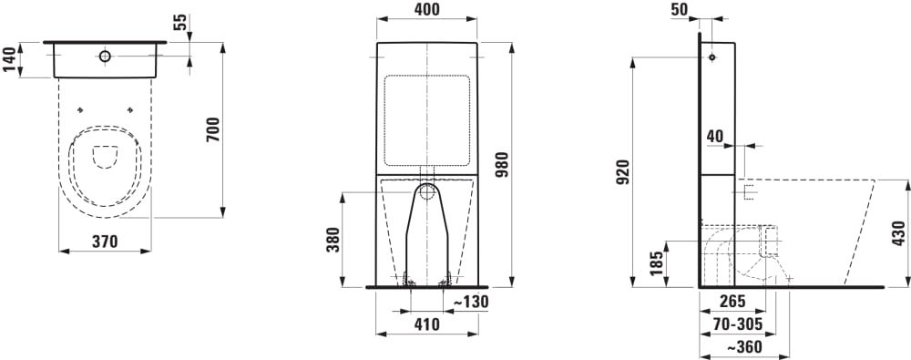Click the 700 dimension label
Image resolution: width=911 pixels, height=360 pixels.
[x=213, y=129]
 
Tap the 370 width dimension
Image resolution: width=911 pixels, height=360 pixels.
[x=105, y=241]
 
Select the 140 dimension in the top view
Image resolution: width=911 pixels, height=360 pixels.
[x=9, y=60]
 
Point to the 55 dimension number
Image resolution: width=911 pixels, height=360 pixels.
[x=180, y=23]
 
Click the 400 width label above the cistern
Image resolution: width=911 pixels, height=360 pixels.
[x=427, y=9]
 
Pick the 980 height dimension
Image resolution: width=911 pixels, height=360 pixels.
[x=503, y=165]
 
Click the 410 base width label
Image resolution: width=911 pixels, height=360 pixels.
[x=427, y=324]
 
